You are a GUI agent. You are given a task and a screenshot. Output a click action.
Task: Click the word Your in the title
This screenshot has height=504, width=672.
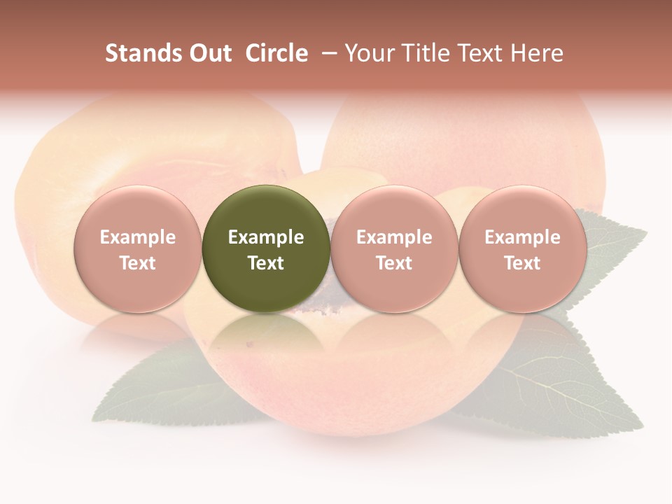[x=370, y=53]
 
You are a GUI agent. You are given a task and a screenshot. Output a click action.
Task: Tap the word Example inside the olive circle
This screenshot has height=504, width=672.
[x=266, y=237]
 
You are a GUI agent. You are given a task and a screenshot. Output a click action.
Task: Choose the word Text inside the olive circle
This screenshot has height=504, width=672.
[x=266, y=263]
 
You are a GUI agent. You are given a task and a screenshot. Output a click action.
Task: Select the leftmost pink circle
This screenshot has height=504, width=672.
[x=138, y=248]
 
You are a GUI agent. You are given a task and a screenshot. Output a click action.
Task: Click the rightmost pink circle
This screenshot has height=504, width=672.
[x=523, y=248]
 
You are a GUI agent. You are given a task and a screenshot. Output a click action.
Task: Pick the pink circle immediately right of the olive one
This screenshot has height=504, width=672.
[x=394, y=248]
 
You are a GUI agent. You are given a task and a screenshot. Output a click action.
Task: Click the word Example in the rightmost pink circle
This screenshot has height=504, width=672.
[x=523, y=237]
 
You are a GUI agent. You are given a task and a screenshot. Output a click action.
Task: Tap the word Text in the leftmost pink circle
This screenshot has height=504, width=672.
[x=138, y=263]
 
